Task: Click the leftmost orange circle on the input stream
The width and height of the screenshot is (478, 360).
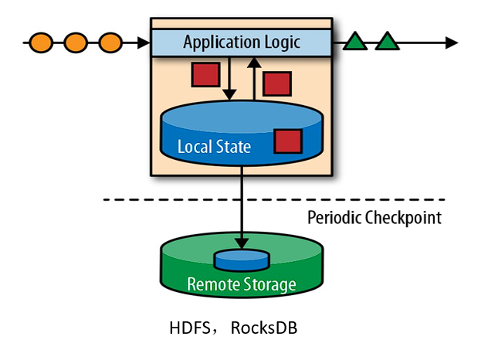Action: [41, 41]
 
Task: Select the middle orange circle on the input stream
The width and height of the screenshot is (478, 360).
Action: [76, 41]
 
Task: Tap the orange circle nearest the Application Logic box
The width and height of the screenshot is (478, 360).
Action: [110, 41]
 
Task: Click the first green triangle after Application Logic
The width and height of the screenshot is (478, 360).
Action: [356, 42]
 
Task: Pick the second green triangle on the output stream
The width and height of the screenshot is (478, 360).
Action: [387, 42]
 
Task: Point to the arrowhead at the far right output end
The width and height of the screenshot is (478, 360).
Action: [452, 42]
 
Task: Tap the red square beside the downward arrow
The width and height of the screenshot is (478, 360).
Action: [205, 74]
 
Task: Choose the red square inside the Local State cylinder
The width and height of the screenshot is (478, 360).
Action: [288, 141]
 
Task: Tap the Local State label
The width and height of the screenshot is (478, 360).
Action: [214, 146]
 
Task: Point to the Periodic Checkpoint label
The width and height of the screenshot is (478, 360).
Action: [375, 217]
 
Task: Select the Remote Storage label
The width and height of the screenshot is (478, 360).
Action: [242, 284]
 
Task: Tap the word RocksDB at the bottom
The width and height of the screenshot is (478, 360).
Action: [263, 328]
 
